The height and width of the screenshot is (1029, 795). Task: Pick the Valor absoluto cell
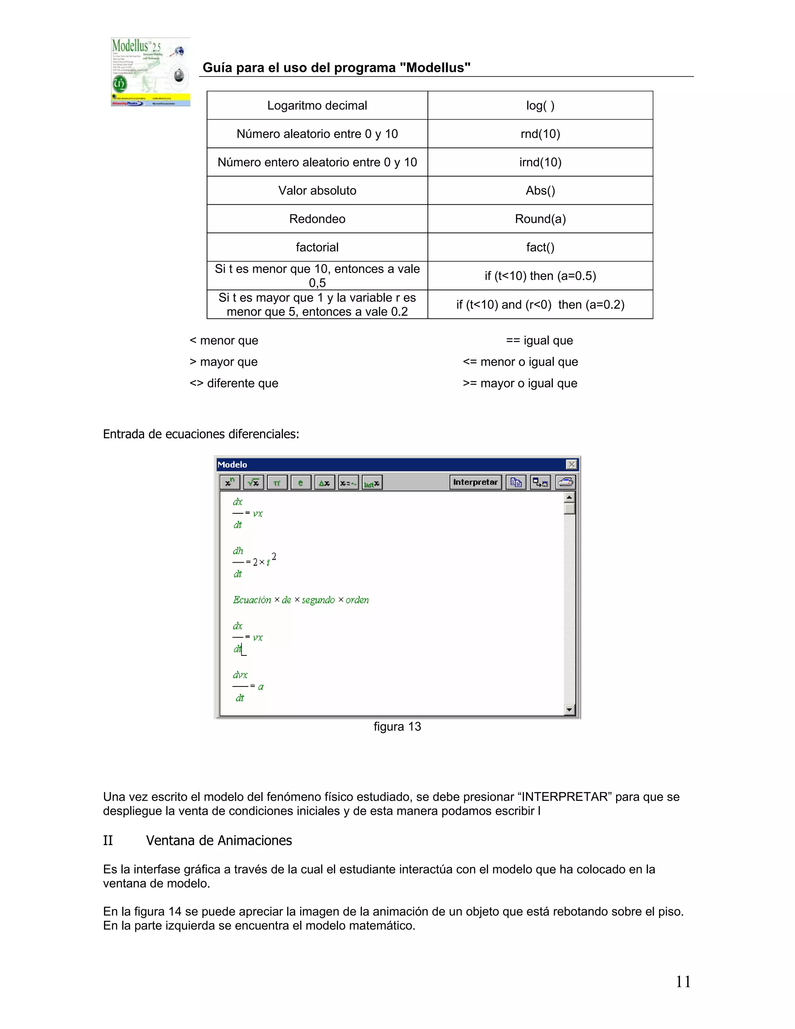(x=317, y=190)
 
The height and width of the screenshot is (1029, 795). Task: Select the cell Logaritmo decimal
(x=317, y=106)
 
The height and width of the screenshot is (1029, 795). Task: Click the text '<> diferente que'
(x=234, y=383)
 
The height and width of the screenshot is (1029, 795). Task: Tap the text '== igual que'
(x=539, y=340)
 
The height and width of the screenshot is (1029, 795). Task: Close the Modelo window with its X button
(x=571, y=464)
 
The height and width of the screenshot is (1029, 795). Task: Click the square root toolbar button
(x=253, y=482)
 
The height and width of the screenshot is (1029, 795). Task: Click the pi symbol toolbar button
(x=277, y=482)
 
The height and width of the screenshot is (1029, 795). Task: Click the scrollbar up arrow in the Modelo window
(x=569, y=497)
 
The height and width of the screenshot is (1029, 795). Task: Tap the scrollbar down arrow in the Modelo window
(x=569, y=709)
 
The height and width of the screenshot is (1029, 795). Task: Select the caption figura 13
(x=397, y=727)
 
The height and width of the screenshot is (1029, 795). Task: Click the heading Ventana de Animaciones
(x=219, y=841)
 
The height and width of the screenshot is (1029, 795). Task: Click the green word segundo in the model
(x=318, y=600)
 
